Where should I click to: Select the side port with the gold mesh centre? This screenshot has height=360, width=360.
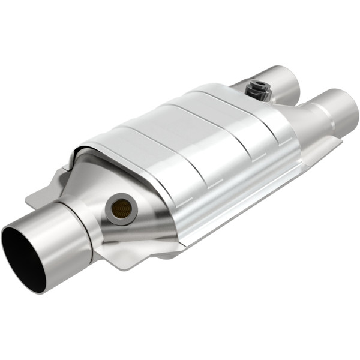pos(122,208)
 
